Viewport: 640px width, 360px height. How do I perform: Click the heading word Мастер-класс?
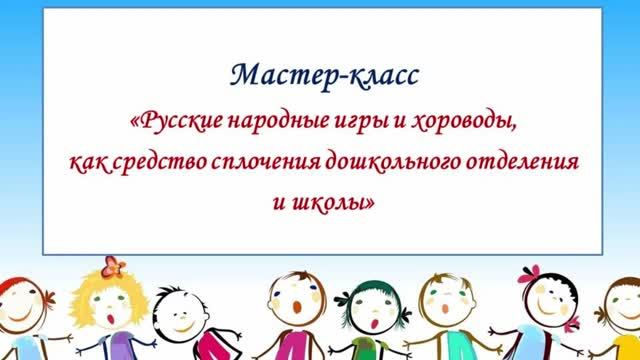pos(321,74)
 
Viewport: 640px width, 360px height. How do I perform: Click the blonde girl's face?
pos(110,304)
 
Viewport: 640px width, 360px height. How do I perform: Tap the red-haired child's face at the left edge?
pos(15,305)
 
